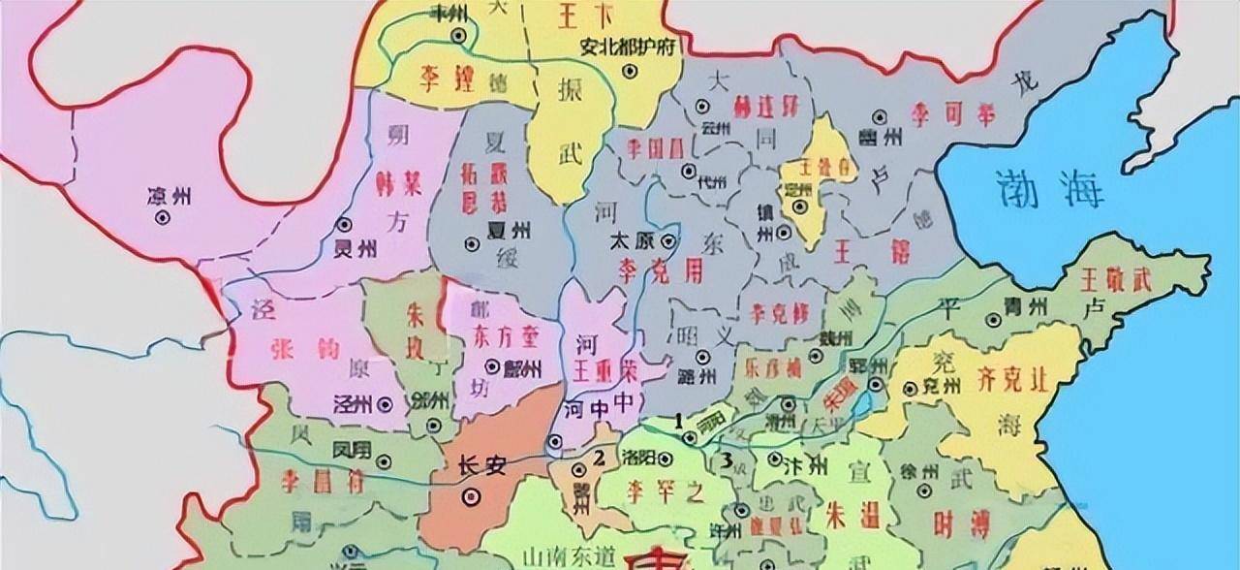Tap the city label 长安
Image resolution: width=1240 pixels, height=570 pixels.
click(x=481, y=466)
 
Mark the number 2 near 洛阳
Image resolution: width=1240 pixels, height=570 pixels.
click(x=600, y=458)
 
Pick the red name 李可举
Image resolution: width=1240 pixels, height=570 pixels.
click(x=951, y=113)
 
